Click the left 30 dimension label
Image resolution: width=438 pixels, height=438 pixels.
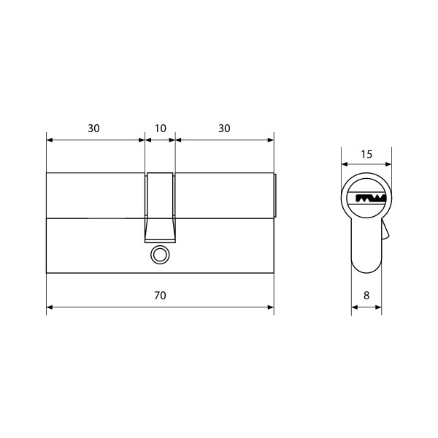click(93, 128)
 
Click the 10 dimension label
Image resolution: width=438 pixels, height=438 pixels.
click(161, 128)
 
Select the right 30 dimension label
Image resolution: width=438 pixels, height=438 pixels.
click(224, 128)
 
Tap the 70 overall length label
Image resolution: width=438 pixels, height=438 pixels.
click(161, 295)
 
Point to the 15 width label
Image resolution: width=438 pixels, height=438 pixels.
click(366, 154)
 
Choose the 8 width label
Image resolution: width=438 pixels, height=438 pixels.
click(366, 295)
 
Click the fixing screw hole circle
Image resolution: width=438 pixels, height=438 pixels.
click(160, 255)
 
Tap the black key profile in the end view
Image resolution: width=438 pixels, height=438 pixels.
click(371, 199)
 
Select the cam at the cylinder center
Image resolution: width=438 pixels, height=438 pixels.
click(160, 207)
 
